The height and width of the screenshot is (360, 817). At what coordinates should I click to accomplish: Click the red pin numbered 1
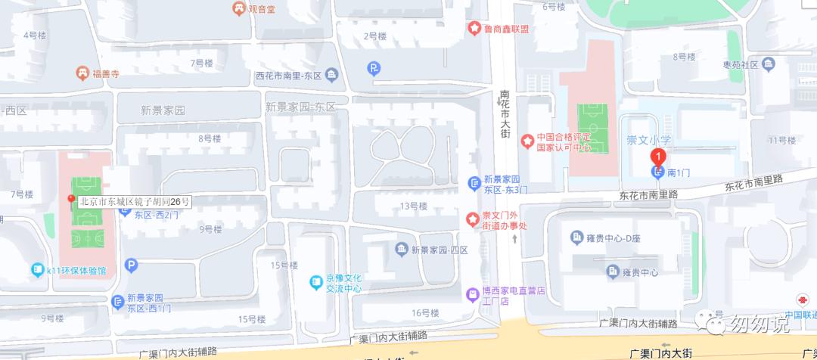click(x=658, y=157)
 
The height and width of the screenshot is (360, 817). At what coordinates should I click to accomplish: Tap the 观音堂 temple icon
click(x=239, y=9)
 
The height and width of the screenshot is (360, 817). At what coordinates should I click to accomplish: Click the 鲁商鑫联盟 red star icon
click(x=474, y=29)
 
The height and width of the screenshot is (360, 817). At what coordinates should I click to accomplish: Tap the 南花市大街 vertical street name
click(x=505, y=115)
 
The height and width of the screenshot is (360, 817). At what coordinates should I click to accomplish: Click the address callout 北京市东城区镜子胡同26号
click(x=134, y=202)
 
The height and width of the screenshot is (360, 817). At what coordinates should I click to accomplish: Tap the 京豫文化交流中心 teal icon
click(x=316, y=283)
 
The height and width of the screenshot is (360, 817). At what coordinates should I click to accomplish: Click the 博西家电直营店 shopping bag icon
click(x=474, y=294)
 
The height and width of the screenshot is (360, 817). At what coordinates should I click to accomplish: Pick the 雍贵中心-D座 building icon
click(x=576, y=238)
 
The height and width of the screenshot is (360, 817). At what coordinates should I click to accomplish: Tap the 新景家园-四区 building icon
click(x=401, y=250)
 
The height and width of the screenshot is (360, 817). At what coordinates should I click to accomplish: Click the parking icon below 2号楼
click(x=374, y=69)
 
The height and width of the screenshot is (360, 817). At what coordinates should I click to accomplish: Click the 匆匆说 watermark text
click(x=759, y=324)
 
